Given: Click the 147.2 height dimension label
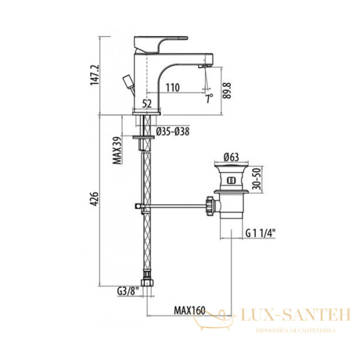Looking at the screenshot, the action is tap(95, 75).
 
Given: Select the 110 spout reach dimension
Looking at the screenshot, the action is tap(173, 88).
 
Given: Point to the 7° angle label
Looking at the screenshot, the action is tap(209, 99).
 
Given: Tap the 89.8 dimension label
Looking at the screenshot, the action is tap(227, 91).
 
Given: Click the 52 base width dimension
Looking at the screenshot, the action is tap(147, 104).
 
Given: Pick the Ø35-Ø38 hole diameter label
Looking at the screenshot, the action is tap(173, 131).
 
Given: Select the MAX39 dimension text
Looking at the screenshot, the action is tap(117, 151).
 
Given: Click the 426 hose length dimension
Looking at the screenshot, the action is tap(95, 199).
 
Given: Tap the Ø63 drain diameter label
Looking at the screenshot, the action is tap(231, 157).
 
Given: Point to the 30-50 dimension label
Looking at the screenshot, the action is tap(256, 179).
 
